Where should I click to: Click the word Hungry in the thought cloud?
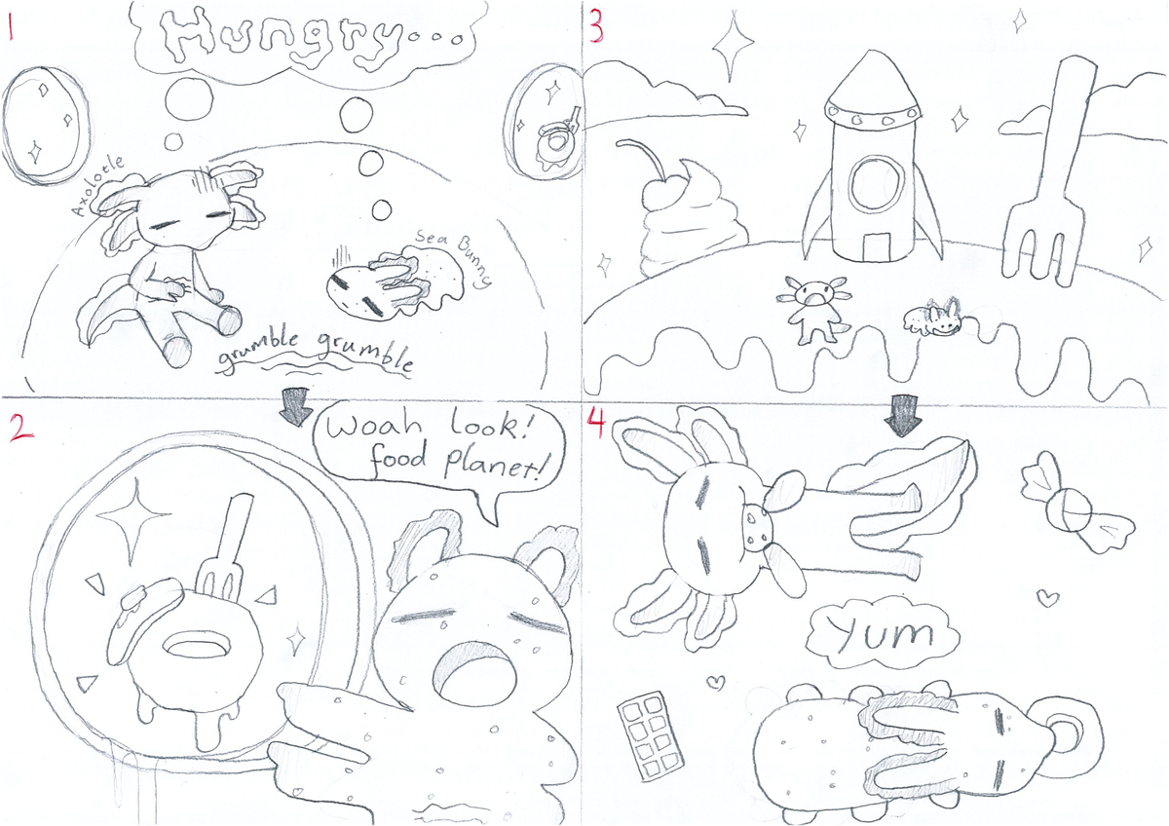[281, 39]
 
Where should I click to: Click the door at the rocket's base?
[876, 247]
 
